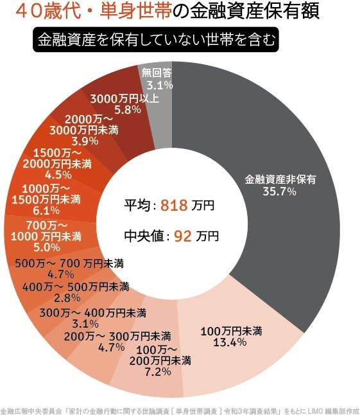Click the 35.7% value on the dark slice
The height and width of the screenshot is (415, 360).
pyautogui.click(x=280, y=191)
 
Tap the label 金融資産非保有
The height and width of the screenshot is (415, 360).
pyautogui.click(x=280, y=179)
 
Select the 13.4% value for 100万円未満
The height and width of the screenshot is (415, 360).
pyautogui.click(x=229, y=341)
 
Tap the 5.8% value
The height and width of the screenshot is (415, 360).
pyautogui.click(x=123, y=110)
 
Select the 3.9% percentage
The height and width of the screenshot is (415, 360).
pyautogui.click(x=85, y=141)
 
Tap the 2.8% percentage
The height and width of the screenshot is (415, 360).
pyautogui.click(x=69, y=297)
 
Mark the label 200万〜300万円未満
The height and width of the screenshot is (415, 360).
pyautogui.click(x=117, y=336)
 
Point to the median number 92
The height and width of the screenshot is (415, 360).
pyautogui.click(x=183, y=236)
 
